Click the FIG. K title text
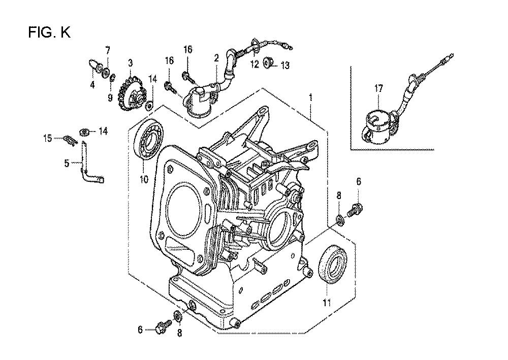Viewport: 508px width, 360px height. coord(49,32)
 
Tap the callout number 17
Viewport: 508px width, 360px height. coord(378,89)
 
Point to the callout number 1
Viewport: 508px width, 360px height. coord(311,97)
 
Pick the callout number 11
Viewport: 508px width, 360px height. coord(327,303)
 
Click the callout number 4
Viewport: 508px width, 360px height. coord(92,85)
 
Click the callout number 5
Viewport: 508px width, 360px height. coord(67,163)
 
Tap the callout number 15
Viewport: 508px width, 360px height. coord(47,137)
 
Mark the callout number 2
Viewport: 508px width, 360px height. coord(216,58)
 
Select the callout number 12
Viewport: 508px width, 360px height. coord(253,64)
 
